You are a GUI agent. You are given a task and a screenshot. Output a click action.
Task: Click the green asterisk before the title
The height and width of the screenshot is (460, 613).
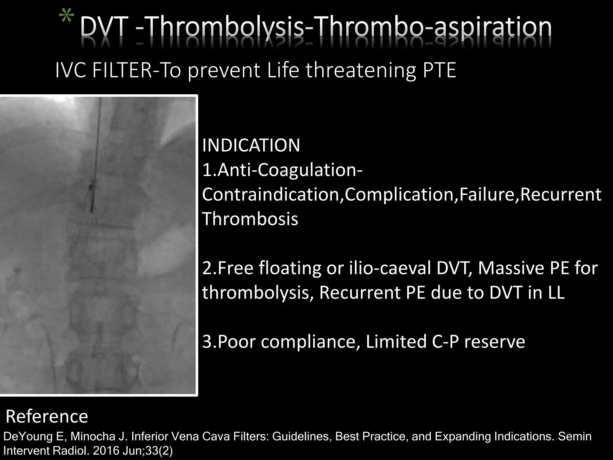(x=67, y=19)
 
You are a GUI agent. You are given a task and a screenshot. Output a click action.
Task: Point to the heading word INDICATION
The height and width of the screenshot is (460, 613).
(x=251, y=146)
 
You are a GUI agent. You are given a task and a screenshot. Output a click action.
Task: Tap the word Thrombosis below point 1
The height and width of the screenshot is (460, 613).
(x=250, y=219)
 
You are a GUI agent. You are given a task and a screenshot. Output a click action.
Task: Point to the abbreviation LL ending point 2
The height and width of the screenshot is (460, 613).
(x=556, y=293)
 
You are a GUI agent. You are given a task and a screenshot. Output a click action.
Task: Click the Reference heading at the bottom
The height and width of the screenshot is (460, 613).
(x=47, y=417)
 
